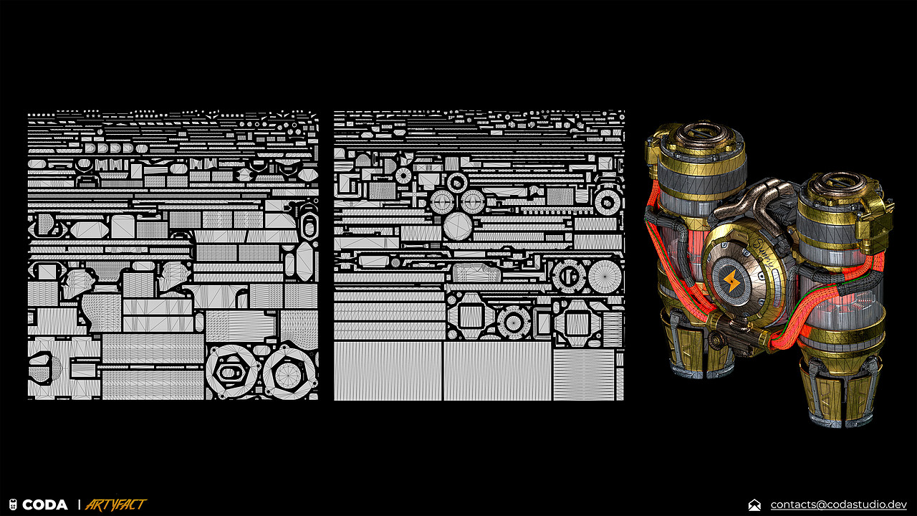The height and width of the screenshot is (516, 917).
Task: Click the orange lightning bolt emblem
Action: pyautogui.click(x=730, y=281)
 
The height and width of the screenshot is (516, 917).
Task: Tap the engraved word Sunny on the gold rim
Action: pyautogui.click(x=763, y=252)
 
